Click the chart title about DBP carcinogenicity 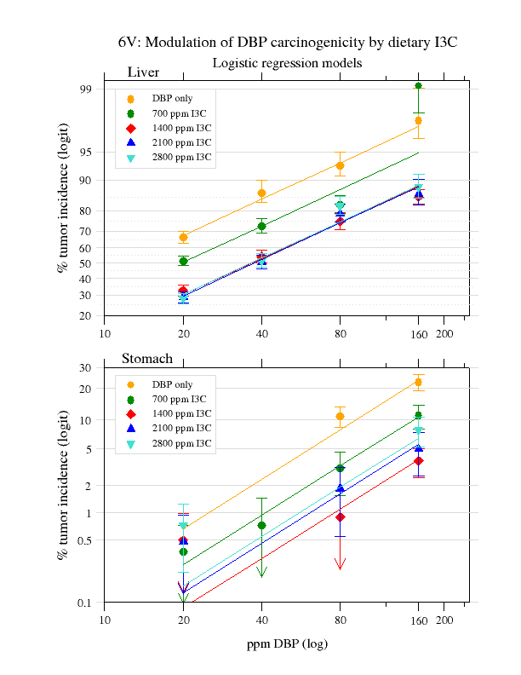[288, 43]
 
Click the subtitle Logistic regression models [287, 63]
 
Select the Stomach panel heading [148, 359]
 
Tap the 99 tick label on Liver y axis [85, 89]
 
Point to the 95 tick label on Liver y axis [85, 153]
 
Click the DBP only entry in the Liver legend [172, 99]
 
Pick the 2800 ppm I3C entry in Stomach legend [182, 444]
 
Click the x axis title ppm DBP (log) [287, 644]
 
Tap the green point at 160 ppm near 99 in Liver [418, 85]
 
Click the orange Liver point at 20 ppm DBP [183, 237]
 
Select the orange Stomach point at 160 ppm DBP [418, 382]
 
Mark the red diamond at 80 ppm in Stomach [340, 516]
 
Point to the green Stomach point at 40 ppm [261, 525]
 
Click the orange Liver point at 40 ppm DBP [261, 193]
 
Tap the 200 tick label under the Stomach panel [444, 620]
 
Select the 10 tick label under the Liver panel [105, 333]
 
